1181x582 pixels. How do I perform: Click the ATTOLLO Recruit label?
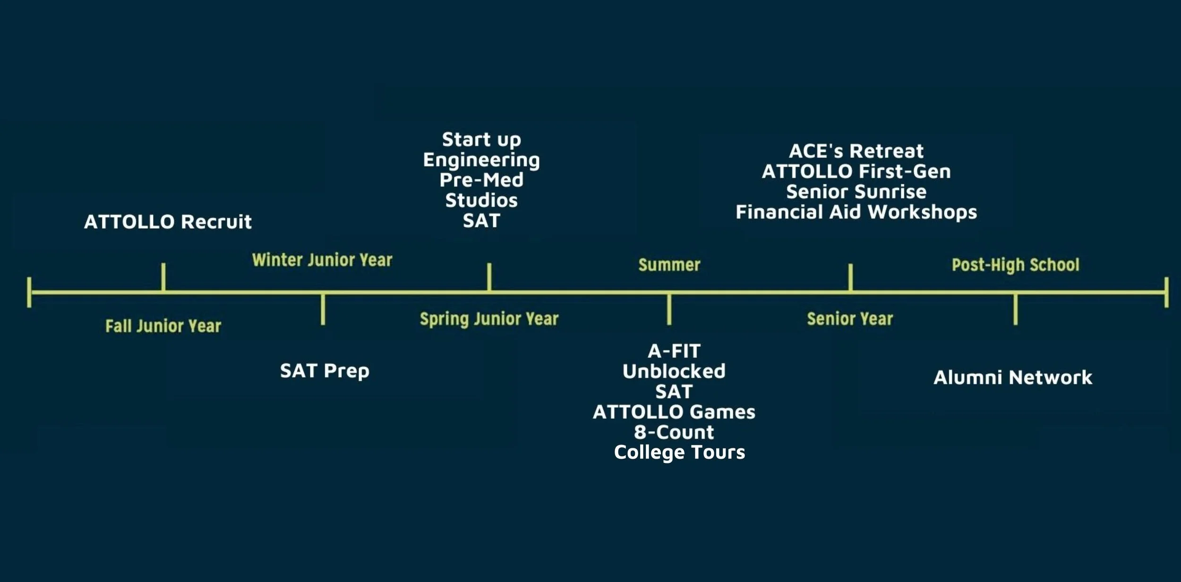[x=168, y=222]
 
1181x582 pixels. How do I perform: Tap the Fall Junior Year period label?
[x=163, y=326]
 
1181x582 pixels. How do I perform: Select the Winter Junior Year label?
[x=322, y=260]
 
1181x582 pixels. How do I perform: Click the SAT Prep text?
[x=325, y=371]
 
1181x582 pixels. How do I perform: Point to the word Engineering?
[x=481, y=160]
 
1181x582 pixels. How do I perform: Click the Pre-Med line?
[x=481, y=180]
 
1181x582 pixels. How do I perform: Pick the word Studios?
[x=481, y=200]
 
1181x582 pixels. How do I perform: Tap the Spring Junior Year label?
[x=489, y=319]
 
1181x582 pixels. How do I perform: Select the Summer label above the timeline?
[x=669, y=265]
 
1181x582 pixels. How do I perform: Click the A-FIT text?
[x=674, y=351]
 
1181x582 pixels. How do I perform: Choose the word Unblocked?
[x=674, y=371]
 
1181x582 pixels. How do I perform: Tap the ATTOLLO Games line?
[x=674, y=412]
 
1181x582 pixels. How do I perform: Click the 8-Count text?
[x=674, y=432]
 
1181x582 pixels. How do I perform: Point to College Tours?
[x=679, y=452]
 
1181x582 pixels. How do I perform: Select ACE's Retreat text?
[x=856, y=151]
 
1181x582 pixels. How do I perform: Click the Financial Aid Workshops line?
[x=856, y=212]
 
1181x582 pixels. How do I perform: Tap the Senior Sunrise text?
[x=856, y=192]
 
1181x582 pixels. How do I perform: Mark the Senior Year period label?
[x=850, y=319]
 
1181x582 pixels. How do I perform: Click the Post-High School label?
[x=1015, y=265]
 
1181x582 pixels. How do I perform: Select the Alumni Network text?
[x=1013, y=377]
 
